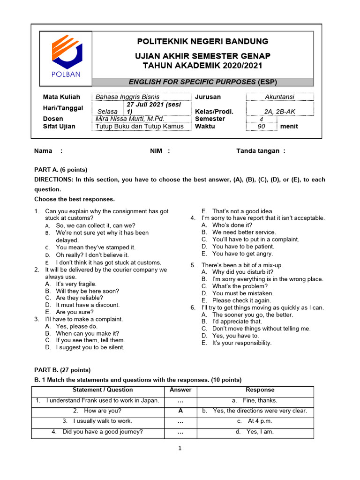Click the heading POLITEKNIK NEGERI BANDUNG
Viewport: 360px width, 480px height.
pyautogui.click(x=202, y=41)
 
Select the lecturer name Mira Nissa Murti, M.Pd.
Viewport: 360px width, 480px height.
pyautogui.click(x=130, y=119)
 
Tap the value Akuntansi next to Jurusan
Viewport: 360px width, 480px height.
pyautogui.click(x=279, y=97)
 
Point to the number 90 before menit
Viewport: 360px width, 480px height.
pyautogui.click(x=261, y=127)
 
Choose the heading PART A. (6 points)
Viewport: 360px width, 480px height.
pyautogui.click(x=60, y=170)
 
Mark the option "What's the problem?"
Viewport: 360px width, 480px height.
pyautogui.click(x=240, y=286)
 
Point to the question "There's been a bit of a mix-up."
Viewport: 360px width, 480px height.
pyautogui.click(x=242, y=265)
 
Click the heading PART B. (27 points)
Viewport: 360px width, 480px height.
pyautogui.click(x=62, y=370)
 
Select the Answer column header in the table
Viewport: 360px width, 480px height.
pyautogui.click(x=180, y=390)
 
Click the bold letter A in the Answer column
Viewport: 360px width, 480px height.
pyautogui.click(x=180, y=411)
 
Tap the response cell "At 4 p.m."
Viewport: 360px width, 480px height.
pyautogui.click(x=260, y=421)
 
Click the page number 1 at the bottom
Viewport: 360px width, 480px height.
pyautogui.click(x=180, y=449)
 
